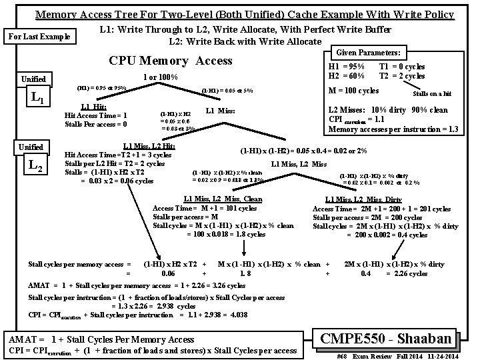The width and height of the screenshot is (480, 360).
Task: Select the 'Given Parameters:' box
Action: tap(368, 52)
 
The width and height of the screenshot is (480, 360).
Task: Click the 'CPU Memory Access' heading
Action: tap(170, 61)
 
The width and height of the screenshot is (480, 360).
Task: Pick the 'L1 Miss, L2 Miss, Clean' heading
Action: tap(223, 199)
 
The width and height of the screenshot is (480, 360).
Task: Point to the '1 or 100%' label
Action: tap(160, 77)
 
